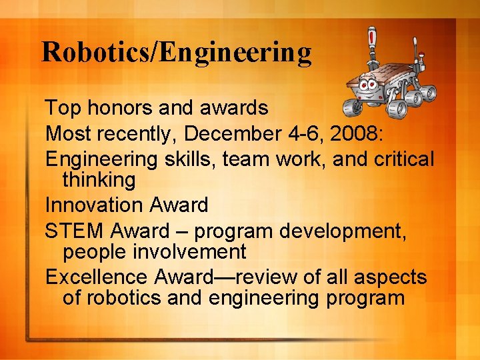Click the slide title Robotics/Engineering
tap(176, 52)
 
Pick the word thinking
tap(99, 179)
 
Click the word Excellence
tap(97, 277)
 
